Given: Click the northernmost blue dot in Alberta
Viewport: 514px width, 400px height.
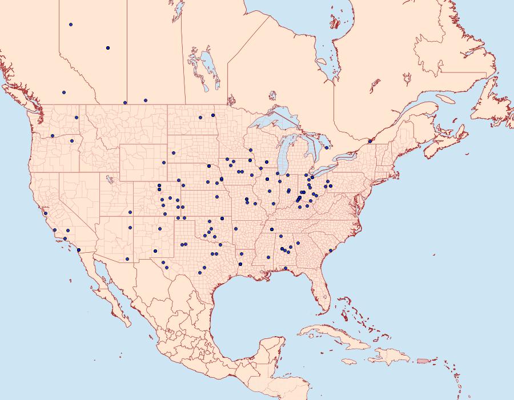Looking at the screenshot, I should pos(71,25).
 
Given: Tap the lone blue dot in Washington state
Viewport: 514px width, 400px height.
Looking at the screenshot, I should pos(76,118).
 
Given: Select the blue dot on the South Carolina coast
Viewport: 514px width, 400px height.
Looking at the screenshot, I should pos(331,250).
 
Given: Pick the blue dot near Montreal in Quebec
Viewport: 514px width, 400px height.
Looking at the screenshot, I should pos(370,141).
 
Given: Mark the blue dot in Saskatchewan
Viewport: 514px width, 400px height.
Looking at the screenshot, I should pos(146,100).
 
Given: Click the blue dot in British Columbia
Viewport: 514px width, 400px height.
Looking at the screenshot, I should pos(64,92).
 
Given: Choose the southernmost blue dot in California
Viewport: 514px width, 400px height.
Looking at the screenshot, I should pos(79,250).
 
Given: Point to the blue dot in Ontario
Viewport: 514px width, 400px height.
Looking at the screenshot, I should pos(327,148).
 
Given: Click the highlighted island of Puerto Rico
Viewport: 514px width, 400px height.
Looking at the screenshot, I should pos(423,361).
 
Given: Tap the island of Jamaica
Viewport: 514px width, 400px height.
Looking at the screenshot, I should pos(350,361).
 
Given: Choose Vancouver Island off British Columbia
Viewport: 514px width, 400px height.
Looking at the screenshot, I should pos(23,97).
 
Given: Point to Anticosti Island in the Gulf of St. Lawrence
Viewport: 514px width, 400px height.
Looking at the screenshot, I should pos(446,98).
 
